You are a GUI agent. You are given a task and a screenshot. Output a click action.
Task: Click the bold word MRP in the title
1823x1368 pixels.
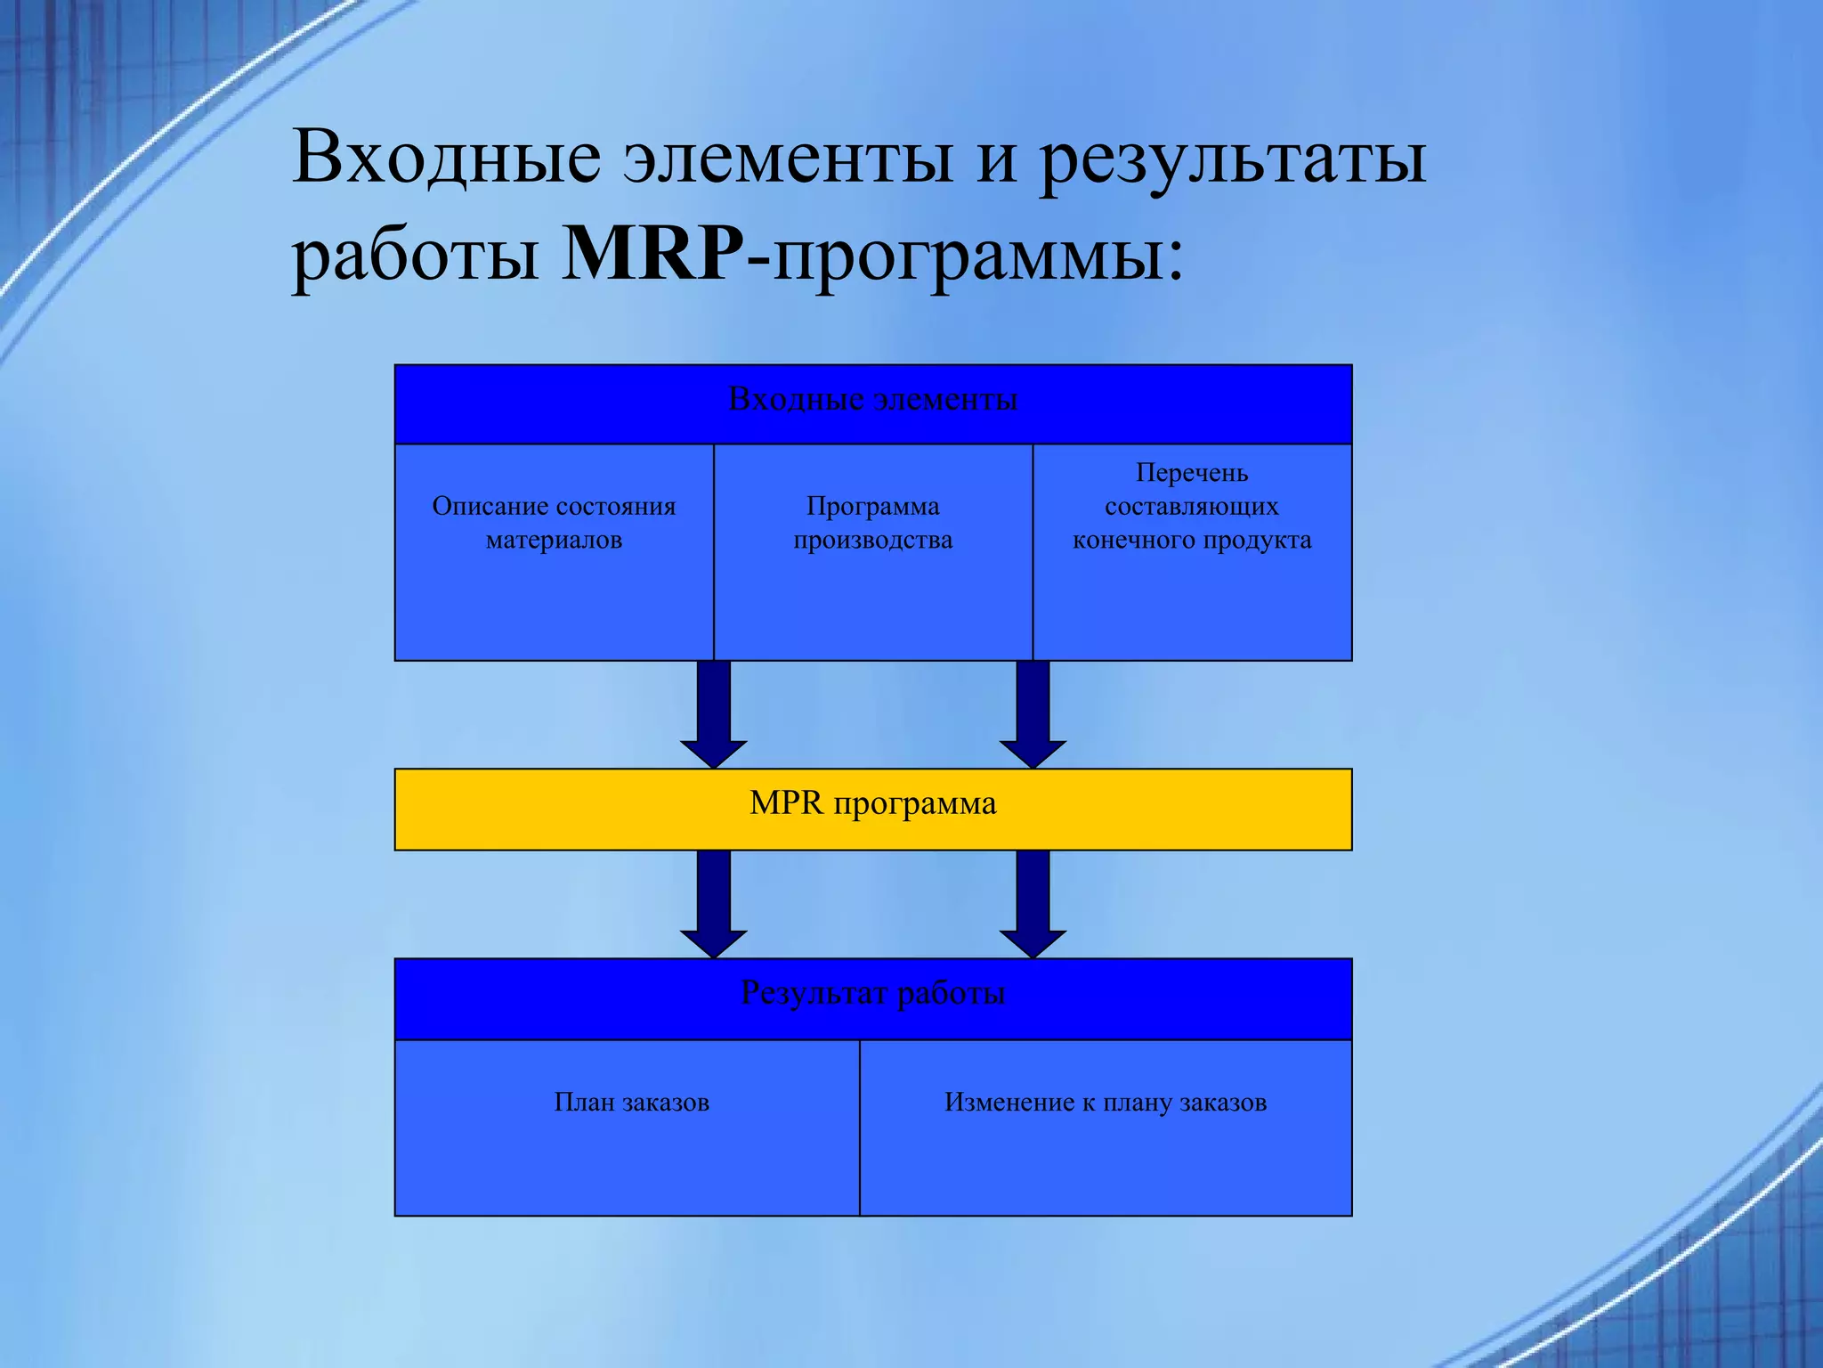(x=652, y=255)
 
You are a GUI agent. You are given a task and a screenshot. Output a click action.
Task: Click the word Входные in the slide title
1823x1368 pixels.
(x=446, y=158)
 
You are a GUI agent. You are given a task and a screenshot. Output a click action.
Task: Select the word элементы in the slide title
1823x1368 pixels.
(x=788, y=159)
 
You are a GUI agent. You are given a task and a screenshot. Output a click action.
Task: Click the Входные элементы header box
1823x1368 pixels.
(x=872, y=403)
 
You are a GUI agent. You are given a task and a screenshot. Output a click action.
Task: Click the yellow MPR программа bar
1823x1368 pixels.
(x=872, y=809)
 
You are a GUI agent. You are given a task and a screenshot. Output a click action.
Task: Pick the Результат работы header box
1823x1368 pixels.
(x=872, y=998)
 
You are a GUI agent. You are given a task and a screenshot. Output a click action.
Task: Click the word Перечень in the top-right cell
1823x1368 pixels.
(x=1192, y=473)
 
